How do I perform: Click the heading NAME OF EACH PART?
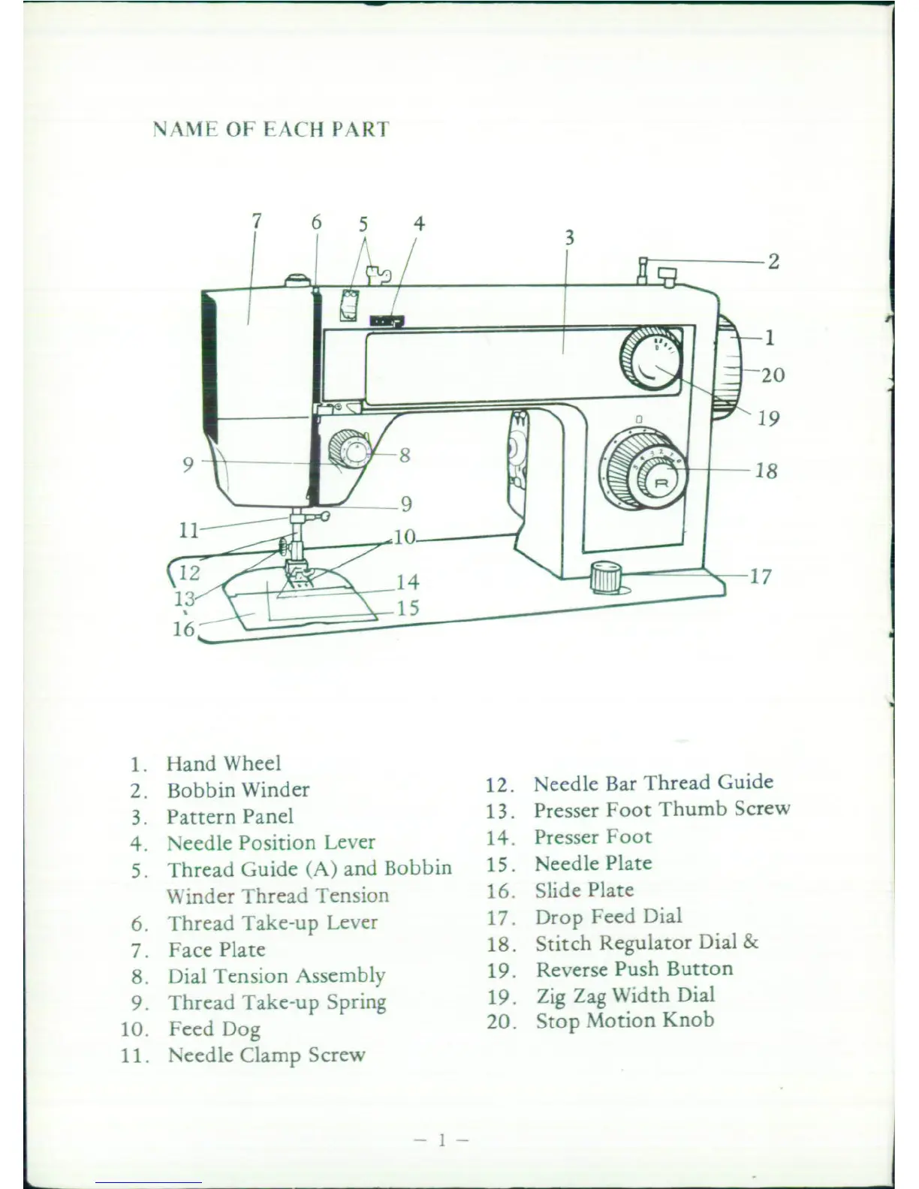[x=271, y=129]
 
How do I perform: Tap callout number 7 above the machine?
[x=257, y=221]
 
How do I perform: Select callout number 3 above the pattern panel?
[x=569, y=238]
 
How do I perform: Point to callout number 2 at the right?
[x=773, y=262]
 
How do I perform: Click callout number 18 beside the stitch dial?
[x=766, y=471]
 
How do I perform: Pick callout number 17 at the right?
[x=761, y=576]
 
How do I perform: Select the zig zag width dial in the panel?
[x=651, y=357]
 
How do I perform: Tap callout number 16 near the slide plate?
[x=184, y=628]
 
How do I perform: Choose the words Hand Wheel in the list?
[x=224, y=763]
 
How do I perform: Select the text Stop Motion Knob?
[x=624, y=1021]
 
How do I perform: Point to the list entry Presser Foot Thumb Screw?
[x=661, y=809]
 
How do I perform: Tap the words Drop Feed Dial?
[x=608, y=917]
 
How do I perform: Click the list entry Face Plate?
[x=216, y=950]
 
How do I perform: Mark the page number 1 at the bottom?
[x=442, y=1140]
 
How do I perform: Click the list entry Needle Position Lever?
[x=270, y=842]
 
